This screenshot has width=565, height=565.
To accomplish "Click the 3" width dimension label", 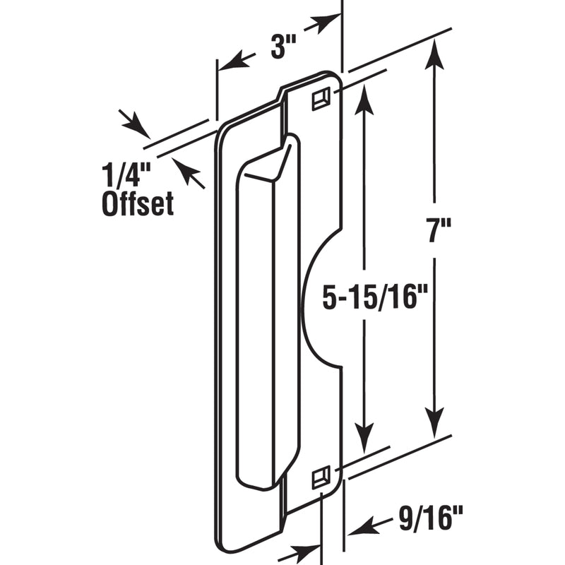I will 283,49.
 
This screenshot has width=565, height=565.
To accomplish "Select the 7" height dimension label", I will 437,231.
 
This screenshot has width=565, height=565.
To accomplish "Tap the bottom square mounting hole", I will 321,478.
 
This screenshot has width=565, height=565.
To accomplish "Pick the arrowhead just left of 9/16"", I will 361,526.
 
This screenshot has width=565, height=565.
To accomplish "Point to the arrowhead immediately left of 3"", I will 236,61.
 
